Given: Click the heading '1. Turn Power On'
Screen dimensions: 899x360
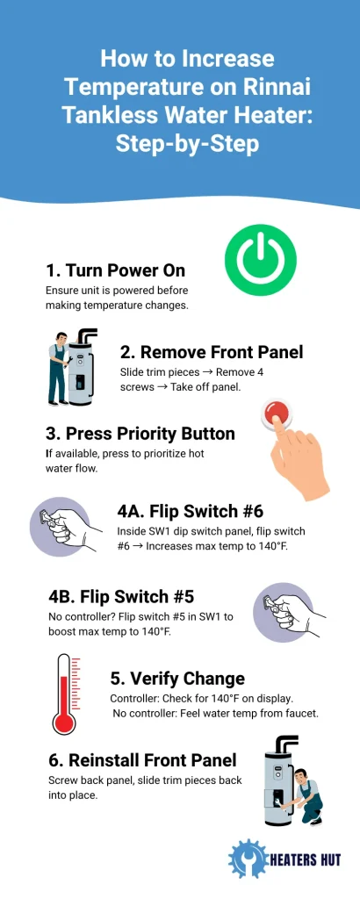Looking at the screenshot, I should pyautogui.click(x=115, y=270).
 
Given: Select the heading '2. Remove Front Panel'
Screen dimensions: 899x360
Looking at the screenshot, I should pyautogui.click(x=211, y=352).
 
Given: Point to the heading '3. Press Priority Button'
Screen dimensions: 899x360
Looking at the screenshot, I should pyautogui.click(x=140, y=434).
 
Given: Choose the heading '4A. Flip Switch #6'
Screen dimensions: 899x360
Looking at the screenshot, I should pyautogui.click(x=190, y=512).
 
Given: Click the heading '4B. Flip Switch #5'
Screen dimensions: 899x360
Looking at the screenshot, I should pyautogui.click(x=120, y=596).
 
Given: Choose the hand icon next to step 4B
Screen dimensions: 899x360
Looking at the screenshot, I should pyautogui.click(x=290, y=607).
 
